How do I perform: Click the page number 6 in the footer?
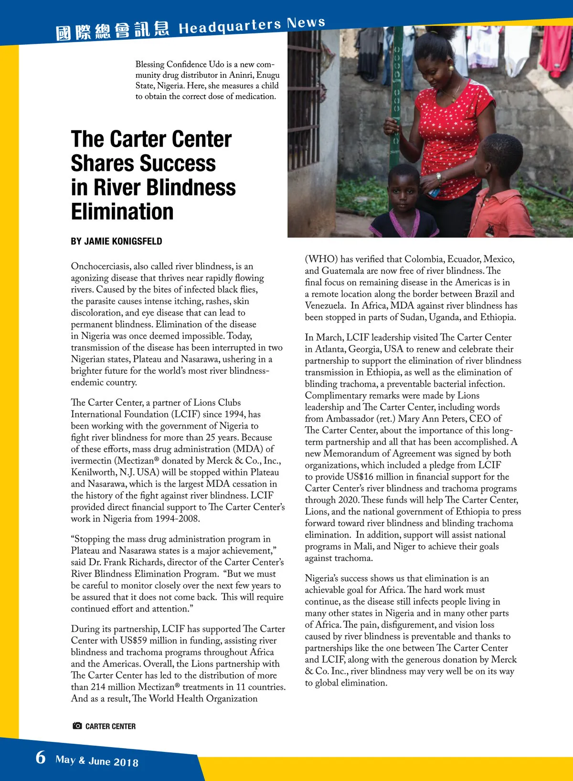tap(41, 757)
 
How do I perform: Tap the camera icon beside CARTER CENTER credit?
tap(77, 726)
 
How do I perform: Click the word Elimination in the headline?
tap(122, 211)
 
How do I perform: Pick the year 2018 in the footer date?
tap(126, 762)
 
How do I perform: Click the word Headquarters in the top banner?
tap(230, 27)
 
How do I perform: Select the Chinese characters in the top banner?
tap(113, 31)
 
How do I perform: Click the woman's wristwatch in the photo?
tap(438, 178)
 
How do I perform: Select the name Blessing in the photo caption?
tap(149, 64)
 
